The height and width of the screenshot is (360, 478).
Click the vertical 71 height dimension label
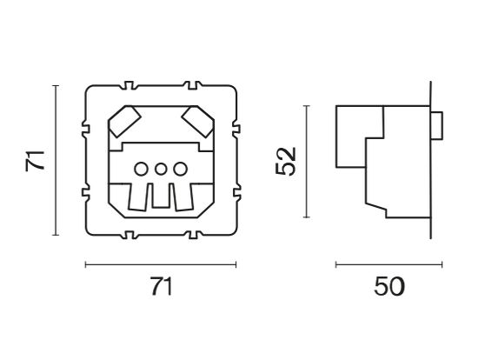pyautogui.click(x=34, y=160)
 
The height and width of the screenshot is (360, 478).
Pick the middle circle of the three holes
pyautogui.click(x=162, y=169)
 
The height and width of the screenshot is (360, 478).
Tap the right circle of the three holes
pyautogui.click(x=179, y=169)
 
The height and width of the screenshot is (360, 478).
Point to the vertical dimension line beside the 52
pyautogui.click(x=306, y=161)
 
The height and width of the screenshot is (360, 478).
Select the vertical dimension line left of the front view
pyautogui.click(x=56, y=160)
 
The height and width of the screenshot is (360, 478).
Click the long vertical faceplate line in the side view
pyautogui.click(x=431, y=161)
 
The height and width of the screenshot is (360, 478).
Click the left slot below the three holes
pyautogui.click(x=138, y=198)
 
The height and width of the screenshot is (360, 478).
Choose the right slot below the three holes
pyautogui.click(x=185, y=198)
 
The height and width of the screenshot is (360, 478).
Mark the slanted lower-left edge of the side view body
pyautogui.click(x=376, y=208)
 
